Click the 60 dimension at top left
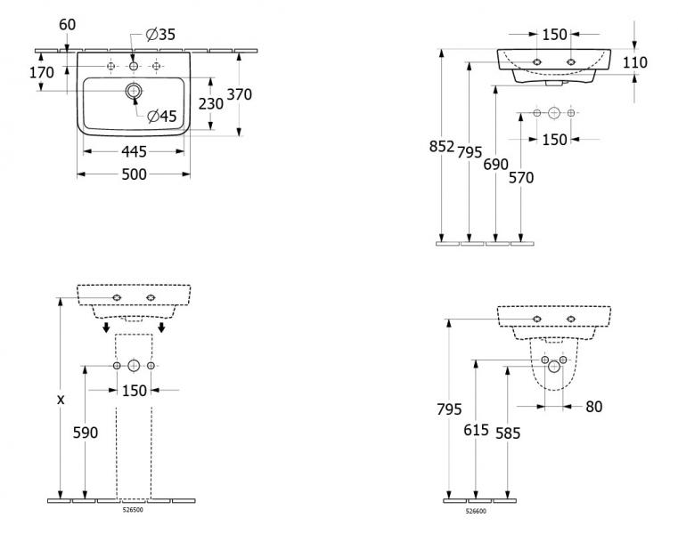[67, 24]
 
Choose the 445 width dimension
[134, 151]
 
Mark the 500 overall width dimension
[134, 175]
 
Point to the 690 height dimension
[495, 164]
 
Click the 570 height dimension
[521, 177]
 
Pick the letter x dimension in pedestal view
[61, 400]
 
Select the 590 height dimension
[85, 433]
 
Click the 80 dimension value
[594, 407]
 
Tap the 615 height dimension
[478, 431]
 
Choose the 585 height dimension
[508, 433]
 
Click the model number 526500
[133, 510]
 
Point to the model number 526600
[476, 511]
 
